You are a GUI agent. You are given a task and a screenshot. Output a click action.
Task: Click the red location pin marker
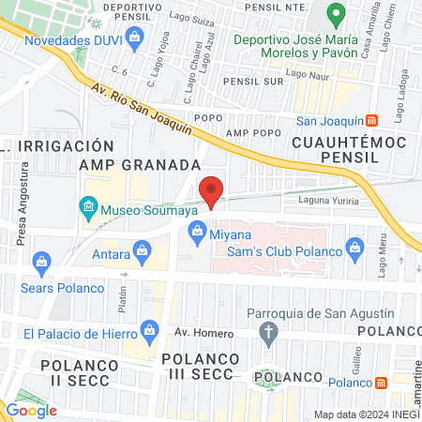[212, 189]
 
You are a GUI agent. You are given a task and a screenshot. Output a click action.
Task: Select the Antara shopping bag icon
[142, 249]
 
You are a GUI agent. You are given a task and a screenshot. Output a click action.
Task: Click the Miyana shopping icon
[196, 232]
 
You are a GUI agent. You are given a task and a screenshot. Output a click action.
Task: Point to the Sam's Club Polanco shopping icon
[354, 248]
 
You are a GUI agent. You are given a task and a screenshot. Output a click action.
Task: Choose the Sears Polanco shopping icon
[40, 261]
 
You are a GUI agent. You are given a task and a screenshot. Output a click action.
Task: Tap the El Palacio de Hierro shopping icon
[148, 329]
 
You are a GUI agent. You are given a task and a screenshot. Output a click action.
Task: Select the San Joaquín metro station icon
[372, 120]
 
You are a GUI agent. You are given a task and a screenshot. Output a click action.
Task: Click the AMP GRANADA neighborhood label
[140, 164]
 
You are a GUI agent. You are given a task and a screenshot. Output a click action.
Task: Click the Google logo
[31, 409]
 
